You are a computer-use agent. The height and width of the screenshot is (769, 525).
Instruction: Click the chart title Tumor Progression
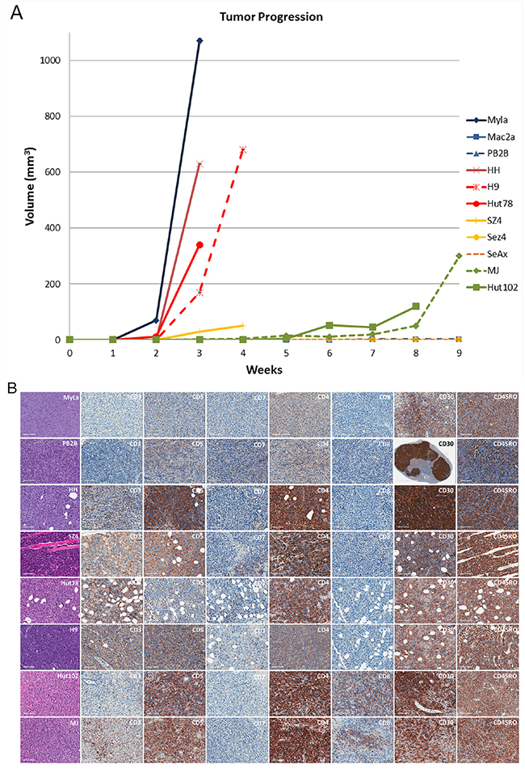(x=264, y=16)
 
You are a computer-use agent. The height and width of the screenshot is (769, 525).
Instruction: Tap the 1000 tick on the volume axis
(x=53, y=61)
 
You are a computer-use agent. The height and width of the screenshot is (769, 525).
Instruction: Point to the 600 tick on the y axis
(x=57, y=172)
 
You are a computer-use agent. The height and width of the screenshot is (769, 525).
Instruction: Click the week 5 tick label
(x=286, y=353)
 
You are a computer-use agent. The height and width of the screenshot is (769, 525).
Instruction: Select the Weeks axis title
(x=264, y=369)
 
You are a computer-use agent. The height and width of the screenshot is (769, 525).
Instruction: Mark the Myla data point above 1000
(x=199, y=40)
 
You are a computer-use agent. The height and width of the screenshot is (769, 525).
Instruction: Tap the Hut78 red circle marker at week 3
(x=199, y=245)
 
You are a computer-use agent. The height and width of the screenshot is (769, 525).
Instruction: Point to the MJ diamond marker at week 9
(x=459, y=256)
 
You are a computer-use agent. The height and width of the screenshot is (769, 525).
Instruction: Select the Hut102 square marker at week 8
(x=416, y=306)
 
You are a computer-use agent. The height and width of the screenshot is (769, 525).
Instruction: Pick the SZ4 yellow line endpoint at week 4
(x=243, y=325)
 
